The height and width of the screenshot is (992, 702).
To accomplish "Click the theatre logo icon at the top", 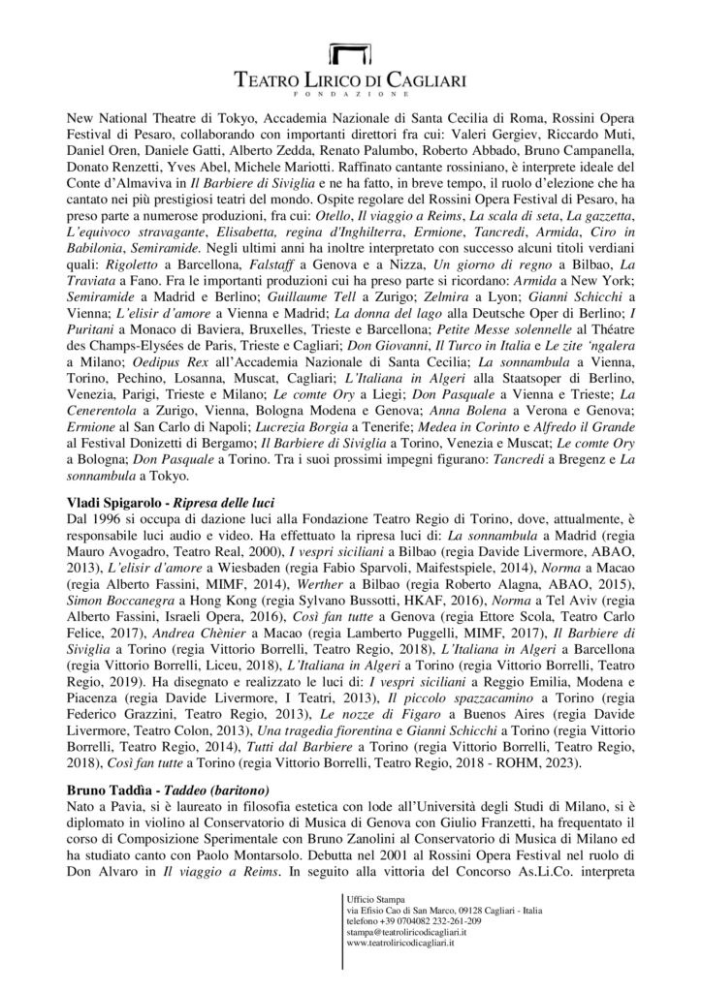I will click(350, 54).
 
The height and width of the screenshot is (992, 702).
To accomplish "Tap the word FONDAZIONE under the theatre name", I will click(350, 94).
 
